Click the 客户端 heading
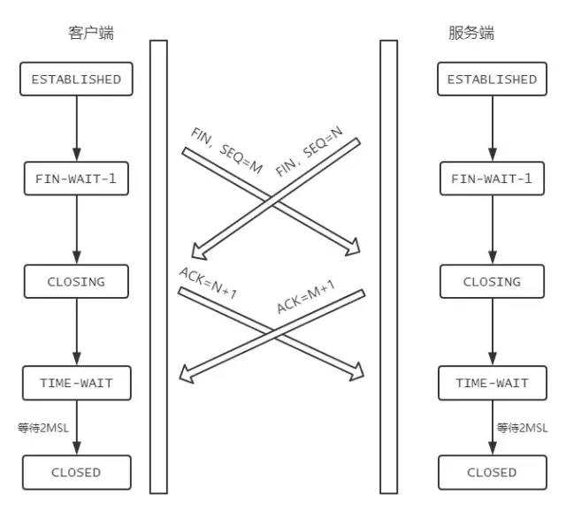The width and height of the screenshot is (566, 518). click(91, 34)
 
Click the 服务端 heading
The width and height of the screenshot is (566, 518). click(471, 34)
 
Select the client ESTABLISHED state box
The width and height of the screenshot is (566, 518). click(76, 80)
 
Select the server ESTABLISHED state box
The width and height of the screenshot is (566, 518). click(492, 80)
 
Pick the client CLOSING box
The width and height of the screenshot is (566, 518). click(76, 282)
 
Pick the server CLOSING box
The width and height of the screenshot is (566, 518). click(492, 282)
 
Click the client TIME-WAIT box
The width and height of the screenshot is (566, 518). click(76, 384)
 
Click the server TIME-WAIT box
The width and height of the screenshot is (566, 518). click(492, 384)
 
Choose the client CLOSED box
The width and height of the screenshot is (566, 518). click(76, 473)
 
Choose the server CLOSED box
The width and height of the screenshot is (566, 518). click(492, 473)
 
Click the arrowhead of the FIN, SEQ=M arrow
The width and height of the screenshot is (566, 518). click(354, 248)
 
